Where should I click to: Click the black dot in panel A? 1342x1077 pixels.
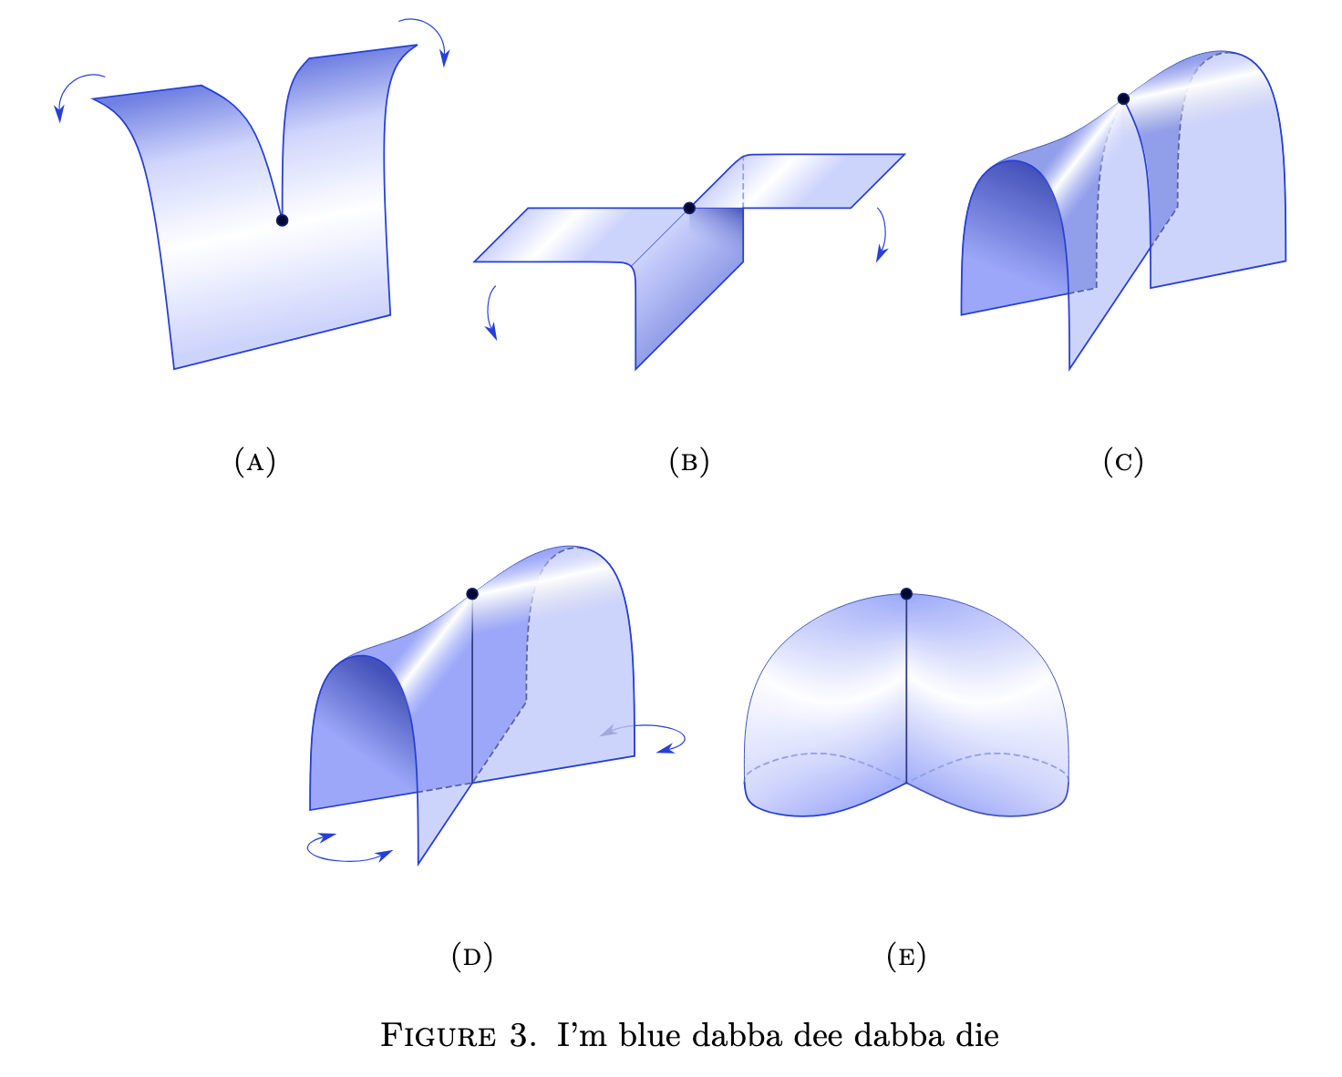coord(283,220)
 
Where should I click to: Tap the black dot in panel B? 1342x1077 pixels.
coord(689,209)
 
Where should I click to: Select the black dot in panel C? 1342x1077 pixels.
coord(1123,98)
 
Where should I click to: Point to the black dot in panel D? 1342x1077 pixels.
coord(472,594)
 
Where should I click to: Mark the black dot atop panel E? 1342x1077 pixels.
coord(906,594)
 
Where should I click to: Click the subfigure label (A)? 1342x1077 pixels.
coord(255,461)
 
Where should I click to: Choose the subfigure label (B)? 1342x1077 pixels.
coord(689,461)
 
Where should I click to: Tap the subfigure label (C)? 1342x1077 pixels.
coord(1123,461)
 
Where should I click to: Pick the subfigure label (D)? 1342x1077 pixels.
coord(472,956)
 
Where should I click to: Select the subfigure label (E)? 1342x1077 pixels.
coord(906,956)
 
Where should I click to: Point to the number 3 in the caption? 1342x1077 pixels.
coord(519,1036)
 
